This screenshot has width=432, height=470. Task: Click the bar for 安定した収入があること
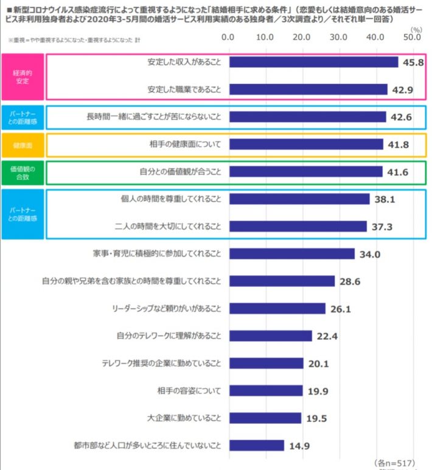click(x=313, y=62)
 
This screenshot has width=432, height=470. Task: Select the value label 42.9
click(x=402, y=89)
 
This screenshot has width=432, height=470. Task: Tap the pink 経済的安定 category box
click(x=22, y=76)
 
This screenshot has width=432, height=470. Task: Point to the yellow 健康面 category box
click(x=22, y=145)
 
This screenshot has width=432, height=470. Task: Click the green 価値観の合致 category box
click(x=22, y=172)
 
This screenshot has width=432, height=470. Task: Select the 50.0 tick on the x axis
click(x=413, y=38)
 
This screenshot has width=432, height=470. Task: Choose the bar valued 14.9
click(x=256, y=445)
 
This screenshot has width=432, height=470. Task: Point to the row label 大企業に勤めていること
click(x=176, y=418)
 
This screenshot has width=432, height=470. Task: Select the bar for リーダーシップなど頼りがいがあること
click(x=277, y=308)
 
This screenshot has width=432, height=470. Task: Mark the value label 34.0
click(x=369, y=254)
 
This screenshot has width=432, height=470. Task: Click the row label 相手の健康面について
click(x=181, y=144)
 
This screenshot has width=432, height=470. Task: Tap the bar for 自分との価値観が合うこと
click(x=305, y=171)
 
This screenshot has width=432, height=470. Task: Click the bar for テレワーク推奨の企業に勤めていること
click(x=266, y=363)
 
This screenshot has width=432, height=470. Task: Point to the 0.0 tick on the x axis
click(x=229, y=38)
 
